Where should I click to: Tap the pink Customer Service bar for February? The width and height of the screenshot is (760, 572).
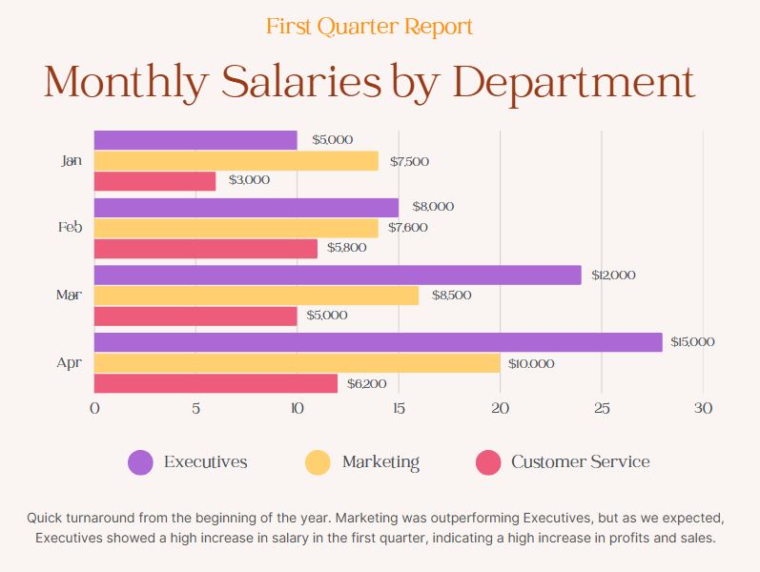click(205, 248)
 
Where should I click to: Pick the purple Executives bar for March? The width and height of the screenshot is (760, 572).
click(338, 275)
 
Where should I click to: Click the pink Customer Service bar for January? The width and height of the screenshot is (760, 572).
click(154, 181)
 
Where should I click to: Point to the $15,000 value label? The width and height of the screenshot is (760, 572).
click(692, 342)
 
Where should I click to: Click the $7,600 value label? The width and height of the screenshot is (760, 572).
click(407, 228)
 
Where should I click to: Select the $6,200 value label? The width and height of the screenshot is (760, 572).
click(366, 384)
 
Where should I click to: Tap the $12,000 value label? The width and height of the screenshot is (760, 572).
click(613, 276)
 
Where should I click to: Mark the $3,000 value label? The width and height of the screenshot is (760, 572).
click(249, 180)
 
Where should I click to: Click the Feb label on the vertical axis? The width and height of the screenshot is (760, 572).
click(70, 228)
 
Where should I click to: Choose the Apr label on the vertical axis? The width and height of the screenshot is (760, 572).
click(69, 363)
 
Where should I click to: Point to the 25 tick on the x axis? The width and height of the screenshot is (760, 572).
click(602, 409)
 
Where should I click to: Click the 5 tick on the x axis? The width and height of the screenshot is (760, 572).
click(195, 409)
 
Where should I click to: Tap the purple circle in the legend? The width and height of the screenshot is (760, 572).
click(140, 462)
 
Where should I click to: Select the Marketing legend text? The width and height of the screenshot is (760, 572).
click(380, 462)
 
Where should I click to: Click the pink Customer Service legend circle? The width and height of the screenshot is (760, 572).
click(487, 462)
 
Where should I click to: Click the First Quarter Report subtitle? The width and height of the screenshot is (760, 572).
click(369, 27)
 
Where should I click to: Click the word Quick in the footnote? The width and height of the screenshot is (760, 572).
click(47, 518)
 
